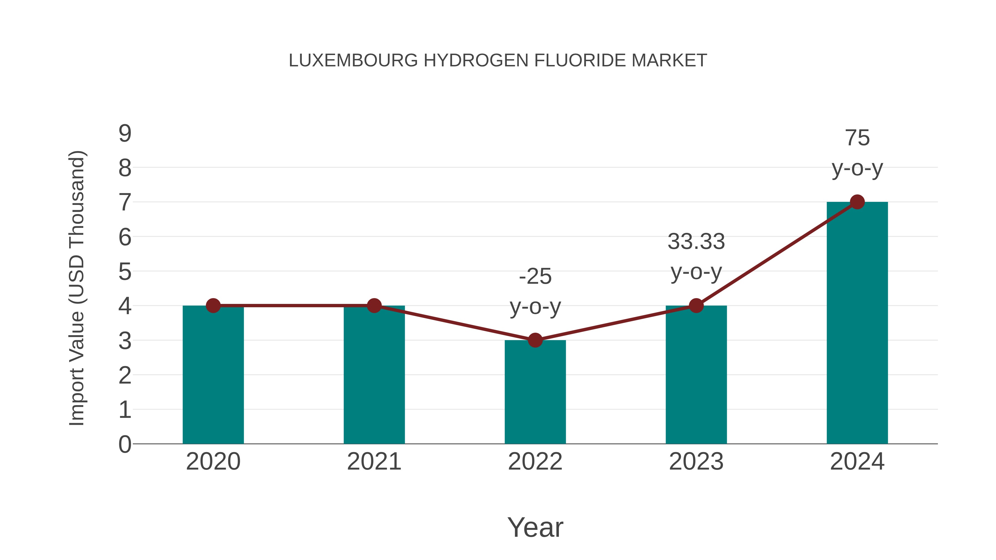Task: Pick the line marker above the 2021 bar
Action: (x=374, y=306)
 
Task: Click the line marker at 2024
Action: (x=857, y=202)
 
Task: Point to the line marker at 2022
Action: (x=535, y=340)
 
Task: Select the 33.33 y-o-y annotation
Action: (x=696, y=257)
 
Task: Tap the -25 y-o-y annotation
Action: (x=535, y=291)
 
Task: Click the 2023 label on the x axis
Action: (x=696, y=462)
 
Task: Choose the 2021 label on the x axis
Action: (x=374, y=462)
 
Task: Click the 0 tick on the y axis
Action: (x=125, y=444)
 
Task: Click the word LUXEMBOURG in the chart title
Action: (x=353, y=61)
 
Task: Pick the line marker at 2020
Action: (x=213, y=306)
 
